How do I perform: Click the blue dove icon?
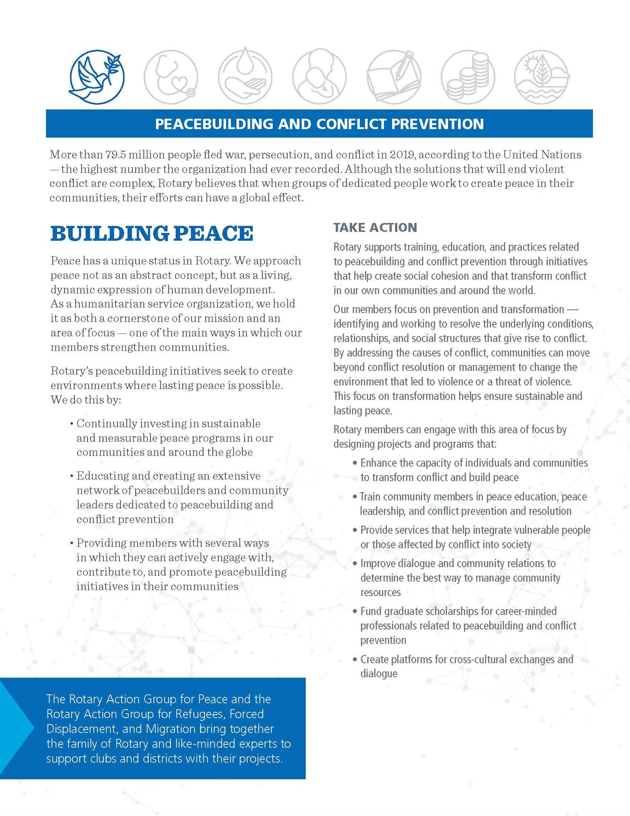(x=97, y=77)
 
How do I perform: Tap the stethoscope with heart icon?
(x=171, y=77)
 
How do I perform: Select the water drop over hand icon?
(x=245, y=77)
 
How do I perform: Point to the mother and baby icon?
(x=319, y=77)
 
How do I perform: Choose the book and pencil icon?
(x=394, y=77)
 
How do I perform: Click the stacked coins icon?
(x=468, y=77)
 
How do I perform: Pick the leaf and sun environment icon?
(x=541, y=77)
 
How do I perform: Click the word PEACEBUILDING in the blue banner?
(x=214, y=124)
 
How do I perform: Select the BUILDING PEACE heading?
(x=152, y=233)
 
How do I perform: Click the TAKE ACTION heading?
(x=375, y=227)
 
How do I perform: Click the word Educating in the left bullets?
(x=102, y=476)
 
